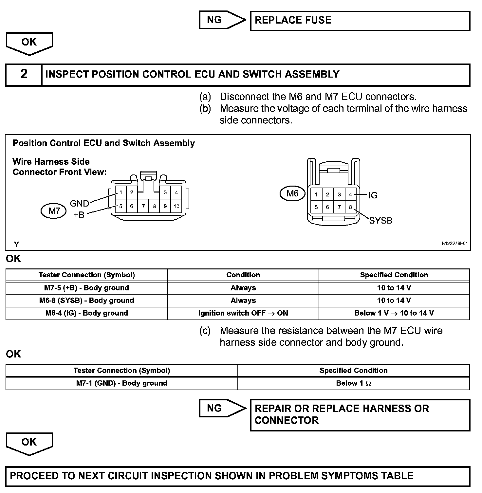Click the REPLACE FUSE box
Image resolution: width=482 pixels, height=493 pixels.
[360, 21]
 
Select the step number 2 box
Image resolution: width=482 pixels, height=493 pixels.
[24, 74]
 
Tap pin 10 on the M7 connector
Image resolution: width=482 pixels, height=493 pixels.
[176, 206]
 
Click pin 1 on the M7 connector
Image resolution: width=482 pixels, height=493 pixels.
[121, 192]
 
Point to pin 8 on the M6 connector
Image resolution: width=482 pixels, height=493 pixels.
[350, 207]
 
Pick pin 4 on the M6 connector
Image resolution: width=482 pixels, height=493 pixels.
[350, 194]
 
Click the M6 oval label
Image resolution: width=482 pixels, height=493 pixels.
[292, 193]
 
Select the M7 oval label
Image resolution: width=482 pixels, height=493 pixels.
[54, 211]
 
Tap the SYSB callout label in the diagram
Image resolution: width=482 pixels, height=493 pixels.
[380, 221]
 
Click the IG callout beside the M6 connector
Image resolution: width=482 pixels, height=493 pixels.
[373, 195]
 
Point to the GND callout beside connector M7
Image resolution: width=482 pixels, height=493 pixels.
[79, 204]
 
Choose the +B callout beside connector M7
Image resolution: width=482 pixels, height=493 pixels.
[79, 215]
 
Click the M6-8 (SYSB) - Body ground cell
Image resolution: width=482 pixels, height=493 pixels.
[87, 301]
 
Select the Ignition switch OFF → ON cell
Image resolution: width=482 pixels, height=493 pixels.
[243, 313]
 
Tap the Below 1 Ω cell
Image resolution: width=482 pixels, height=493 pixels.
[353, 383]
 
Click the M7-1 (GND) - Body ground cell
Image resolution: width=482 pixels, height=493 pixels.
[121, 383]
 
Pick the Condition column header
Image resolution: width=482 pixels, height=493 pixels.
[243, 275]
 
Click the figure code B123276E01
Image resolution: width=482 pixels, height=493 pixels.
[454, 244]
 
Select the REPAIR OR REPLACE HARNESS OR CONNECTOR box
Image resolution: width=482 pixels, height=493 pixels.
[360, 415]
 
